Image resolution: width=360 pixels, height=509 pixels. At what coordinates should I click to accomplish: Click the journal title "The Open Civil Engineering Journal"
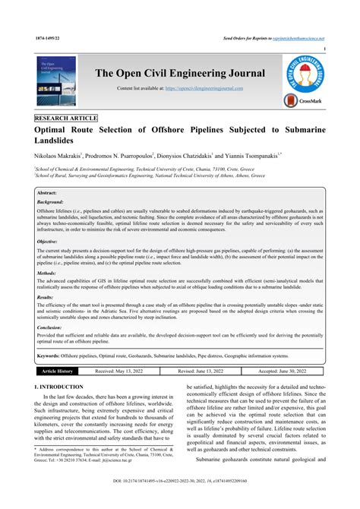pyautogui.click(x=179, y=74)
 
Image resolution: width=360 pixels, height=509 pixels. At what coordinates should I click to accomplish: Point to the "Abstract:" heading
pyautogui.click(x=47, y=194)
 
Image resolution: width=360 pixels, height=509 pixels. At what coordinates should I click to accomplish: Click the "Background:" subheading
pyautogui.click(x=51, y=203)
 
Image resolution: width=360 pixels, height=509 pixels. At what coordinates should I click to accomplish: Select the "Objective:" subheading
pyautogui.click(x=48, y=240)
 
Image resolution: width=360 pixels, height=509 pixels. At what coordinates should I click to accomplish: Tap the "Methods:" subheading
pyautogui.click(x=46, y=271)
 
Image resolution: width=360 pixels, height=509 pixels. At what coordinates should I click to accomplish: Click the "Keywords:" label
pyautogui.click(x=49, y=355)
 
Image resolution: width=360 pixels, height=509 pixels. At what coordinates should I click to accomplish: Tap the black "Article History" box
pyautogui.click(x=58, y=371)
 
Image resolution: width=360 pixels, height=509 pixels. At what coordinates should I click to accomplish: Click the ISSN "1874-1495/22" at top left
pyautogui.click(x=48, y=37)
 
